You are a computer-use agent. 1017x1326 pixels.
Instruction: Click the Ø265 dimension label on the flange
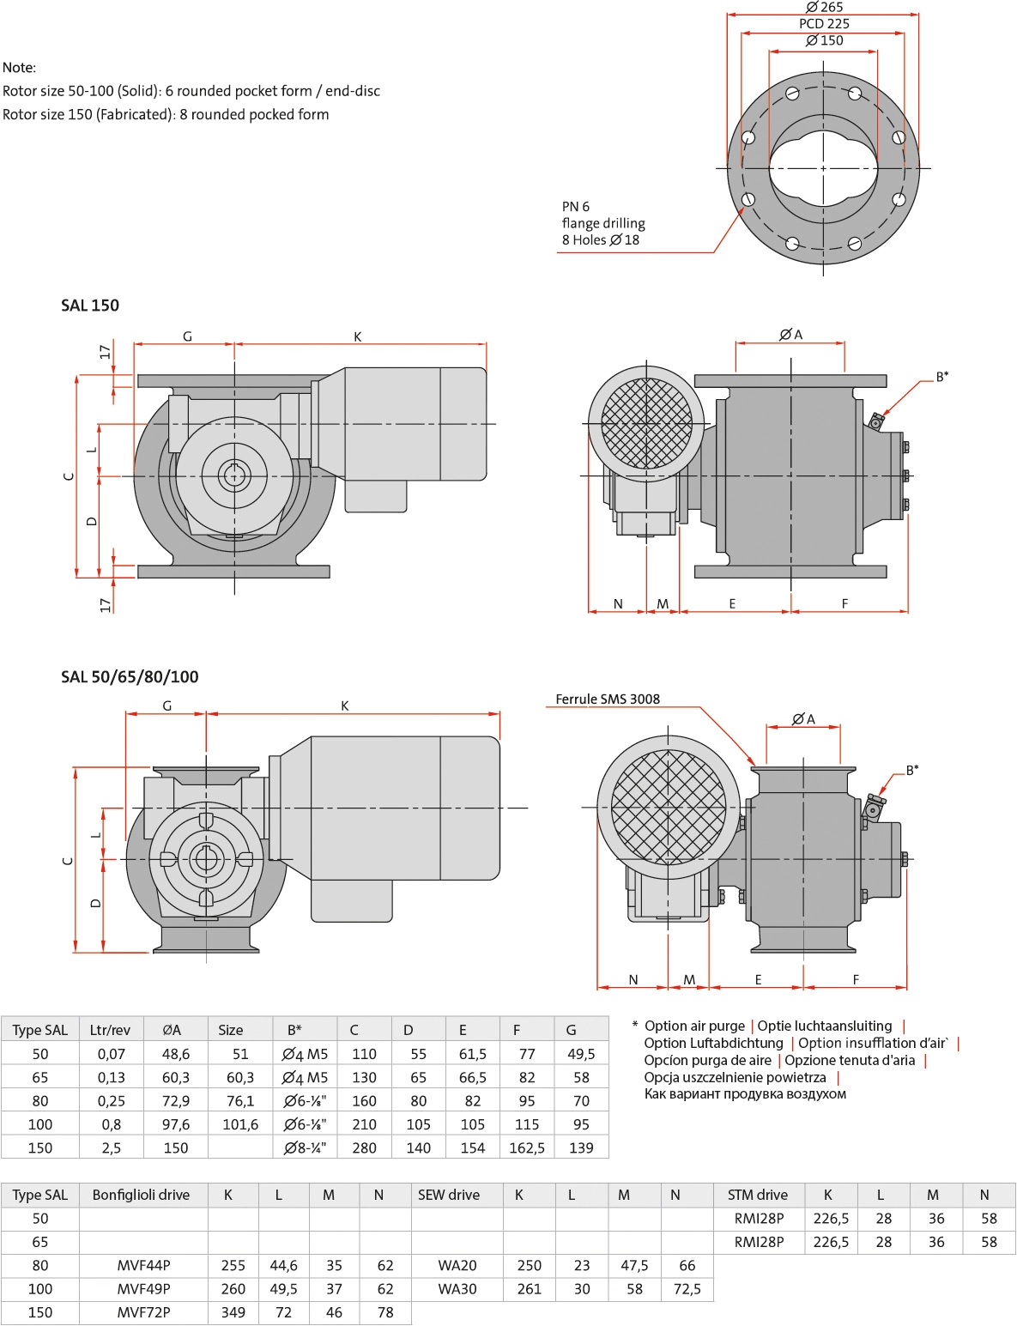[x=824, y=8]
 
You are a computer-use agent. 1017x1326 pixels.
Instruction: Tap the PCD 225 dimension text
[x=824, y=24]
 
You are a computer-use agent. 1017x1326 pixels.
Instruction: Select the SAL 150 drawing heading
[x=90, y=306]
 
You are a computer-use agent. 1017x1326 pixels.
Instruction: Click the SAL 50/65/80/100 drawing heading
[x=130, y=677]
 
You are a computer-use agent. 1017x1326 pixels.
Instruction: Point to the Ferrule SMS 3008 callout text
[x=608, y=699]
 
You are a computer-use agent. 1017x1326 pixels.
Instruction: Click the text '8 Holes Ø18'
[x=601, y=240]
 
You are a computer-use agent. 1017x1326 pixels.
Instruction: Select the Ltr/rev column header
[x=110, y=1030]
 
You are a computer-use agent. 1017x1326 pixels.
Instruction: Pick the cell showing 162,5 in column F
[x=527, y=1147]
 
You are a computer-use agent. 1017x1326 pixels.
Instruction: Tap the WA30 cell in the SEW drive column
[x=457, y=1289]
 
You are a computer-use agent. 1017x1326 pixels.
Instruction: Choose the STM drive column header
[x=758, y=1195]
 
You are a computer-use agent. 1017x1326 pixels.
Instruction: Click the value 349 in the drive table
[x=233, y=1312]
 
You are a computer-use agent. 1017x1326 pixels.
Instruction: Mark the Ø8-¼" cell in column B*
[x=306, y=1147]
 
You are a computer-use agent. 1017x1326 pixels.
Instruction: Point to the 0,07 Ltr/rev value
[x=111, y=1054]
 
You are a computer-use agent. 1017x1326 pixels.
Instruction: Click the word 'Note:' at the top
[x=20, y=68]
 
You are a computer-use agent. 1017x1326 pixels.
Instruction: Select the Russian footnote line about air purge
[x=745, y=1094]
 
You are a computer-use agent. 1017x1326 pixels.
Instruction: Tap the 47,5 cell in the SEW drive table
[x=634, y=1265]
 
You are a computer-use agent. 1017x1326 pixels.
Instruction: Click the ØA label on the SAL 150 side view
[x=790, y=335]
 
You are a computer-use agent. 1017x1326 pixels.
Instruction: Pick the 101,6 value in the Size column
[x=240, y=1124]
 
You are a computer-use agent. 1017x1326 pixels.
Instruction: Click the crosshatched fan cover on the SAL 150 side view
[x=646, y=424]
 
